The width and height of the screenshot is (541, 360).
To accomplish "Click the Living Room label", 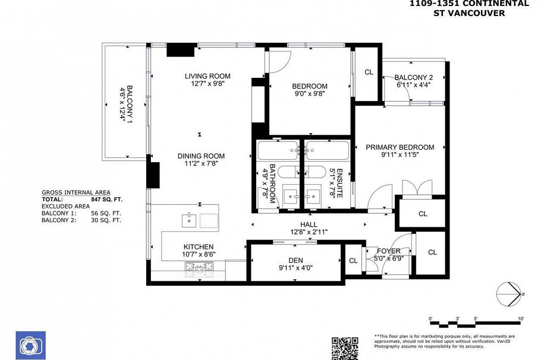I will (x=207, y=76).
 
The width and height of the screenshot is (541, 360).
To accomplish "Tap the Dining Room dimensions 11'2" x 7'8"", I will (x=201, y=164).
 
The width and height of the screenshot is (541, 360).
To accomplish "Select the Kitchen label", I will (x=198, y=247).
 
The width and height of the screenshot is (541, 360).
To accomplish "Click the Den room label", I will (x=295, y=260).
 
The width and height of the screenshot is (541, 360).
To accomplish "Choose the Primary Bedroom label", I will (x=400, y=147).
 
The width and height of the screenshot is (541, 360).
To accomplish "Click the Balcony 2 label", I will (x=413, y=77).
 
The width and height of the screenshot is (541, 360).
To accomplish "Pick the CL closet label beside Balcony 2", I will (x=369, y=72).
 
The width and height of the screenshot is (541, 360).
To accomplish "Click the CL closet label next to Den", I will (x=353, y=261).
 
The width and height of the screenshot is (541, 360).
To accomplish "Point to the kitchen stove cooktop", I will (x=200, y=270).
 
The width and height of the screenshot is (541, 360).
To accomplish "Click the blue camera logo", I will (x=29, y=346).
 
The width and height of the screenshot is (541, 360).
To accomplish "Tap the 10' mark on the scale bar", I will (x=521, y=320).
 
